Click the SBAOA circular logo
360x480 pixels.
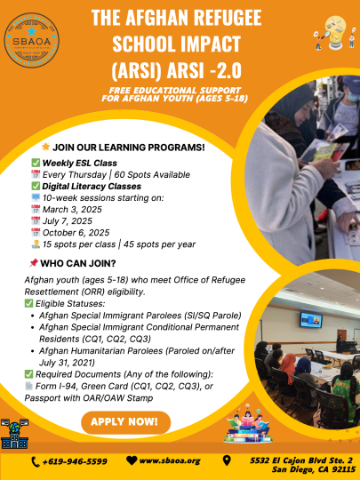[31, 40]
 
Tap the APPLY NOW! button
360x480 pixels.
[125, 422]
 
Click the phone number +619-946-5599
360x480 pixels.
[75, 461]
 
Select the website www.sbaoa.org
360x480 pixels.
[170, 460]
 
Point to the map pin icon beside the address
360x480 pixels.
[227, 460]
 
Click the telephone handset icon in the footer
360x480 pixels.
[36, 462]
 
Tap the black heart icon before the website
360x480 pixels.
[132, 460]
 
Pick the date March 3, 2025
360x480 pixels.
[72, 210]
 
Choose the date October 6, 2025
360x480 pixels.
[76, 233]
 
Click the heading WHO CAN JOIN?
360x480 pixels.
[78, 264]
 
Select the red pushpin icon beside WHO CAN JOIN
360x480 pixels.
[34, 262]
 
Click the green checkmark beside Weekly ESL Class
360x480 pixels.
[36, 163]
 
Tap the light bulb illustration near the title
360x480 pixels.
[335, 33]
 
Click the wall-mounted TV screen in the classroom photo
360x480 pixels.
[311, 320]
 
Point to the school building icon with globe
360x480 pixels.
[14, 434]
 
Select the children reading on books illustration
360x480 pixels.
[248, 425]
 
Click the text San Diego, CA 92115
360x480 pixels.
[314, 469]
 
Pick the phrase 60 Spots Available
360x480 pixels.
[152, 175]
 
